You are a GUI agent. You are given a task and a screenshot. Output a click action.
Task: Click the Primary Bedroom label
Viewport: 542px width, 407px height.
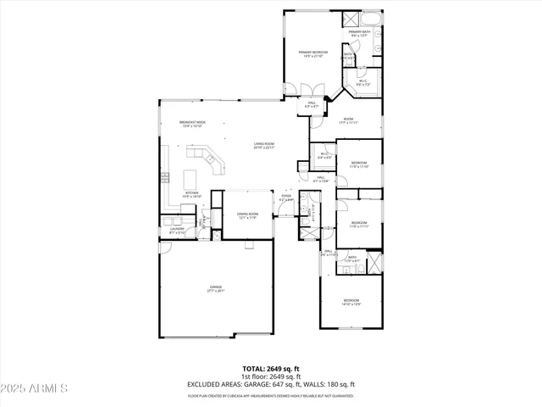(312, 54)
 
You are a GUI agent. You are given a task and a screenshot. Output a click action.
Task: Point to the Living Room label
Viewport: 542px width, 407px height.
(264, 145)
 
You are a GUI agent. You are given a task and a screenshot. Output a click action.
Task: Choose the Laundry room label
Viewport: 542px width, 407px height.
(177, 230)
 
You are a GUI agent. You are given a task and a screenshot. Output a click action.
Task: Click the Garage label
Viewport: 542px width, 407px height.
(216, 289)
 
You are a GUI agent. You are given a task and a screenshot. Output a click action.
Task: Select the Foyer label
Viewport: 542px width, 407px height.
(287, 198)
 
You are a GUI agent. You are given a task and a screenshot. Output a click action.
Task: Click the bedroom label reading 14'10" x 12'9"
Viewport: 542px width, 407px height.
(351, 302)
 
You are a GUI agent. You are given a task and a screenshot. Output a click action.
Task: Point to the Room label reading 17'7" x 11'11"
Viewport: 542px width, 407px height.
(348, 120)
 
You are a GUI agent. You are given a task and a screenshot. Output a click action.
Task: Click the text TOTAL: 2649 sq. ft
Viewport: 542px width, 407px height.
(270, 370)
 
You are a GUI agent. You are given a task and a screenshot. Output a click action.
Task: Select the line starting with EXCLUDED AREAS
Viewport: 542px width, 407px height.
(270, 386)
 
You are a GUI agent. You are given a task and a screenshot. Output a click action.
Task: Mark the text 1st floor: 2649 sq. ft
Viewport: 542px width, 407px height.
(270, 377)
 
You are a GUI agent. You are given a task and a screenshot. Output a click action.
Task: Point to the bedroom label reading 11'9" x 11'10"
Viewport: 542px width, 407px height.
(359, 164)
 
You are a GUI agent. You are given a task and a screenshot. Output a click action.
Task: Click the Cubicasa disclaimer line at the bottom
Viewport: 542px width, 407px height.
(270, 395)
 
